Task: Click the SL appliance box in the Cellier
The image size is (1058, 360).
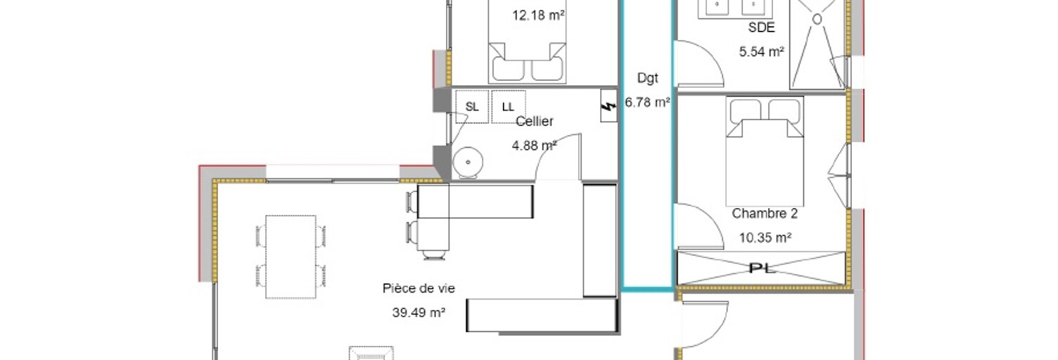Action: (472, 107)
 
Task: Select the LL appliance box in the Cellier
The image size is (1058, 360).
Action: (508, 107)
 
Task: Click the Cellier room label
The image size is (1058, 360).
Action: (534, 121)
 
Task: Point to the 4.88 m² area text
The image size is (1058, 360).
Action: (534, 146)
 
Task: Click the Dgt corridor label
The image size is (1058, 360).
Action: (648, 78)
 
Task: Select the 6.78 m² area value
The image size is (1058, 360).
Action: (648, 102)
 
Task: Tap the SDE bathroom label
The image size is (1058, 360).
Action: (761, 27)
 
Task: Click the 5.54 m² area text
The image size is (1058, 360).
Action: (761, 51)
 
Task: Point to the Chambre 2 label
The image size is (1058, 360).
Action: (765, 213)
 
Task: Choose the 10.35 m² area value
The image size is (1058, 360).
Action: (765, 238)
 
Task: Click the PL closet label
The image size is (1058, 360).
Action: (763, 269)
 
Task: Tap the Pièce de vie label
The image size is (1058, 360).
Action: (419, 288)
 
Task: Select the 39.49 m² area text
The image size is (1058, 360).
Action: (419, 312)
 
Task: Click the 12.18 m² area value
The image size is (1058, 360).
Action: (538, 15)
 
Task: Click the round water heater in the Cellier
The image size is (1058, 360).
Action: (468, 162)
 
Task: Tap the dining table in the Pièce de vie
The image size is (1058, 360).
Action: (291, 257)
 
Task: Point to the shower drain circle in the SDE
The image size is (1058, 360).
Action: (817, 19)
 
